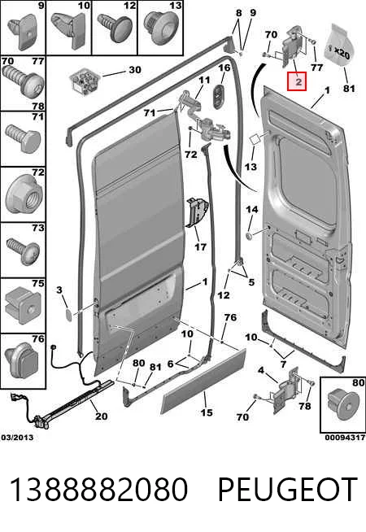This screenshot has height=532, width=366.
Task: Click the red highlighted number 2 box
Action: pyautogui.click(x=297, y=81)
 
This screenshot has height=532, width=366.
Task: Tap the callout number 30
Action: pyautogui.click(x=135, y=70)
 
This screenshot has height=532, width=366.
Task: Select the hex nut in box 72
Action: pyautogui.click(x=24, y=196)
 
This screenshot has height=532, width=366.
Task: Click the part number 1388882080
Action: pyautogui.click(x=98, y=489)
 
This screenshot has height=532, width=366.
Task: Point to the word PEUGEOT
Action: pyautogui.click(x=287, y=489)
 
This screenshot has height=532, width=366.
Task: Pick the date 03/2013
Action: pyautogui.click(x=17, y=437)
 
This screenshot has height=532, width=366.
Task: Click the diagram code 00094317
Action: pyautogui.click(x=345, y=438)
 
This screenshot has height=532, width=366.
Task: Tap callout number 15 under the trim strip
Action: pyautogui.click(x=207, y=412)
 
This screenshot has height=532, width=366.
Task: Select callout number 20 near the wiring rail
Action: pyautogui.click(x=102, y=416)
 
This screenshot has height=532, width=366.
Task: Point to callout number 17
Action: pyautogui.click(x=200, y=246)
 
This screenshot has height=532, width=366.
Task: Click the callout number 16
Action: pyautogui.click(x=224, y=68)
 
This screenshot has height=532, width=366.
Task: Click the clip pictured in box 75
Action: pyautogui.click(x=24, y=305)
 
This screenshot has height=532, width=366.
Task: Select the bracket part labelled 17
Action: pyautogui.click(x=196, y=212)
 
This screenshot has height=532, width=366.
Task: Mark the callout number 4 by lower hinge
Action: pyautogui.click(x=260, y=370)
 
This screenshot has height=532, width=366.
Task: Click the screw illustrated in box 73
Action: pyautogui.click(x=23, y=251)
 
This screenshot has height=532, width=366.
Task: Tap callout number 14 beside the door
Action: pyautogui.click(x=251, y=209)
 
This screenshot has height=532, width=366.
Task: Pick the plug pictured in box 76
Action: pyautogui.click(x=21, y=360)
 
